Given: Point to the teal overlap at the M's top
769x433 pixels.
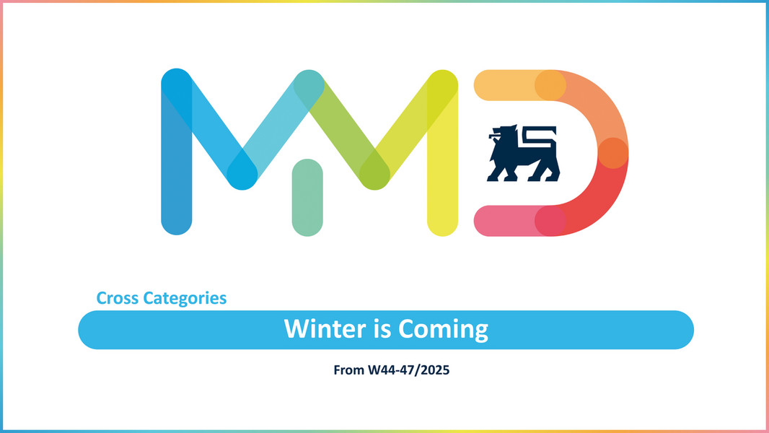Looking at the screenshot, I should click(x=309, y=84).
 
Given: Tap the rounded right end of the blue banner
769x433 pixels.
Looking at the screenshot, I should click(x=682, y=330).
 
